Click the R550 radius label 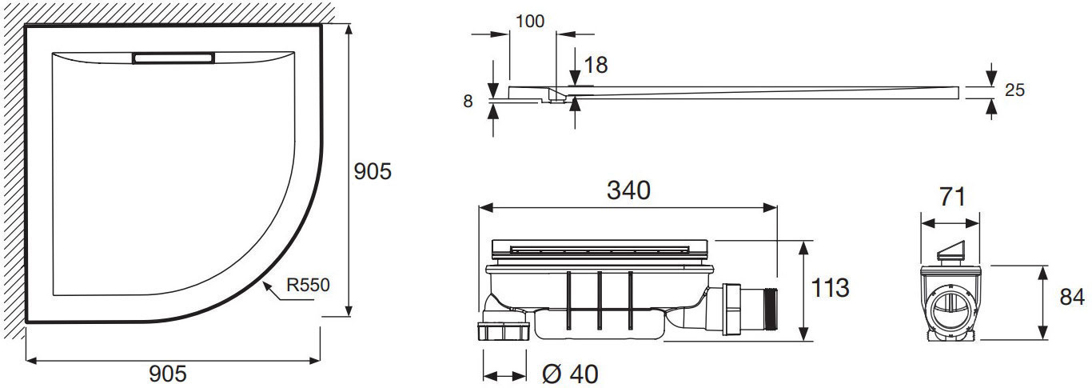click(308, 285)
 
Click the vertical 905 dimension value click(373, 171)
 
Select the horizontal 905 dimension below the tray click(168, 374)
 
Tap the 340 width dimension click(628, 190)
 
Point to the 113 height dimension click(830, 288)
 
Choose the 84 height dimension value click(1073, 297)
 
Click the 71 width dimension click(952, 197)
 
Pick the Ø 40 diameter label click(570, 374)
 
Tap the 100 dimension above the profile click(530, 22)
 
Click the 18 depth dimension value click(596, 66)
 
